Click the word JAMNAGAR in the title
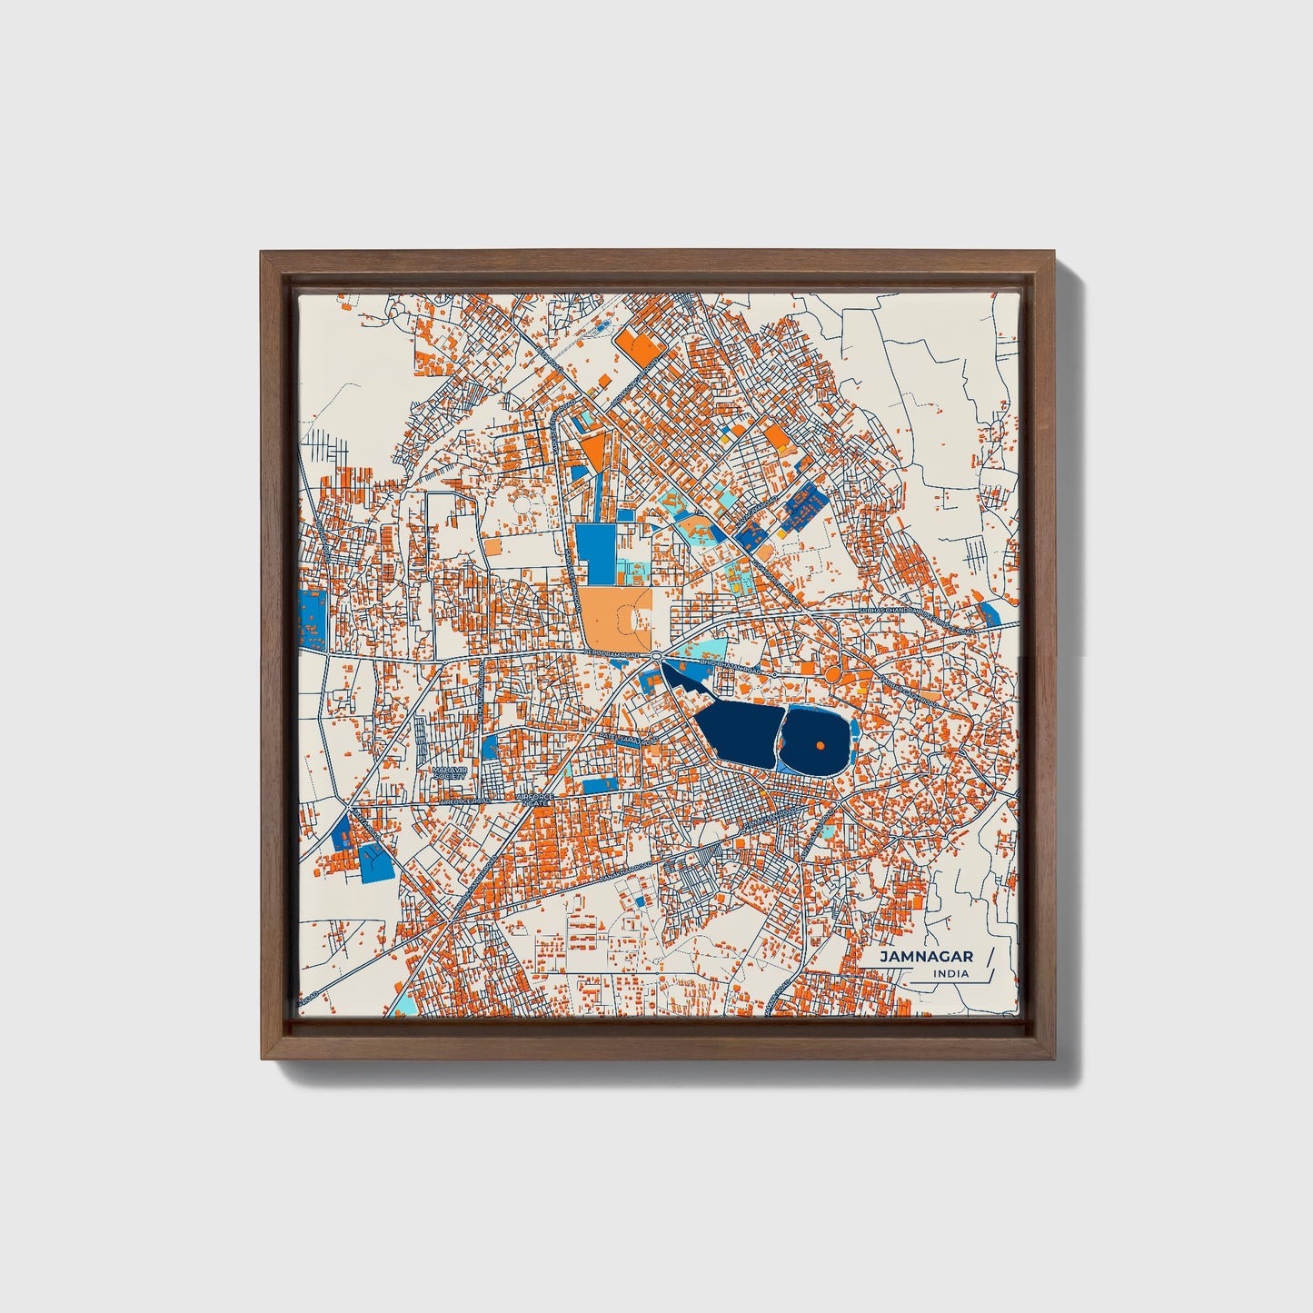coord(926,957)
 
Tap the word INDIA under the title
coord(950,973)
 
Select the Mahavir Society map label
coord(449,772)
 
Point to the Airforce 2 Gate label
coord(534,800)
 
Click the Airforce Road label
coord(464,801)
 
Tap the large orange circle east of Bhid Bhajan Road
coord(831,675)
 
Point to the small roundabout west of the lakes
coord(656,655)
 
